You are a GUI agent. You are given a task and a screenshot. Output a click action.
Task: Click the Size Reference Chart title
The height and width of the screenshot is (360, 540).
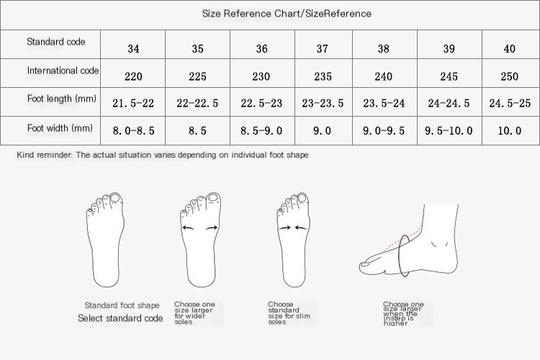coord(287,14)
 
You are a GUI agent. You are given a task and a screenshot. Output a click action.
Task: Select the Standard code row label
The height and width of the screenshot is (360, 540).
coord(55,42)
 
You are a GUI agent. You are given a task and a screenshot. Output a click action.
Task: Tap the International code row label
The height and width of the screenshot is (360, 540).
coord(63,71)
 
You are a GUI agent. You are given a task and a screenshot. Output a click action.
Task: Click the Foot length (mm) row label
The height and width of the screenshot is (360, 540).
coord(62,99)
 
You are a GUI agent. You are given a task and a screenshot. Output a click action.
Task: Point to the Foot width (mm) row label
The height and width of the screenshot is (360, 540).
coord(60,128)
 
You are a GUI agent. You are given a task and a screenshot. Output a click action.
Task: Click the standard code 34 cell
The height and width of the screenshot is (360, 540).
coord(133,48)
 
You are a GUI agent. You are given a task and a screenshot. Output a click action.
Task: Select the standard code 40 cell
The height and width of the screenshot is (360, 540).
coord(509,48)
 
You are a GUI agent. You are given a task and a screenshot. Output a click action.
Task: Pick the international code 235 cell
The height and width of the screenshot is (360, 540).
coord(323,76)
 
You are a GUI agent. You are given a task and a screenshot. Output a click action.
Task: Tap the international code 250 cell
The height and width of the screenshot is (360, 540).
coord(509,76)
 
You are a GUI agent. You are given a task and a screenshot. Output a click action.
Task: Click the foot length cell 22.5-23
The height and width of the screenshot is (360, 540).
coord(261,103)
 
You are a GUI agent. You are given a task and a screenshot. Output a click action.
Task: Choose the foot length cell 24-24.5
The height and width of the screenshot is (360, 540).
coord(449,103)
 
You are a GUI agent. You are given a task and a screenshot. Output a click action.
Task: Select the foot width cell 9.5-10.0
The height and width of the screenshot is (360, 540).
coord(449,130)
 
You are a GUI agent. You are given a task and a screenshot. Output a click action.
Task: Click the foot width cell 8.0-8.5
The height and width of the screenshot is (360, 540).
coord(133,130)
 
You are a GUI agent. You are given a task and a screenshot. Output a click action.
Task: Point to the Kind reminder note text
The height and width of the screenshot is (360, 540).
coord(163,155)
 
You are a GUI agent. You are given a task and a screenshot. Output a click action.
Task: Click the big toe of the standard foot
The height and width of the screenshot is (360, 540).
coord(115,199)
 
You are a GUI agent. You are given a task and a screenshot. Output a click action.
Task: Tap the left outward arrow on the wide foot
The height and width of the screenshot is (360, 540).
coord(189,228)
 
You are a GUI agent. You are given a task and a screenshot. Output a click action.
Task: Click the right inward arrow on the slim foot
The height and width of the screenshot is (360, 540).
coord(301,228)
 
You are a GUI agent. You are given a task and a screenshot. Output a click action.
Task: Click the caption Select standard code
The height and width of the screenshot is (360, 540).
coord(120,318)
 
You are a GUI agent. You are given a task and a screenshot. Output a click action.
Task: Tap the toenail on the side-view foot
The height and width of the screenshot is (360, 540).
coord(364,265)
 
